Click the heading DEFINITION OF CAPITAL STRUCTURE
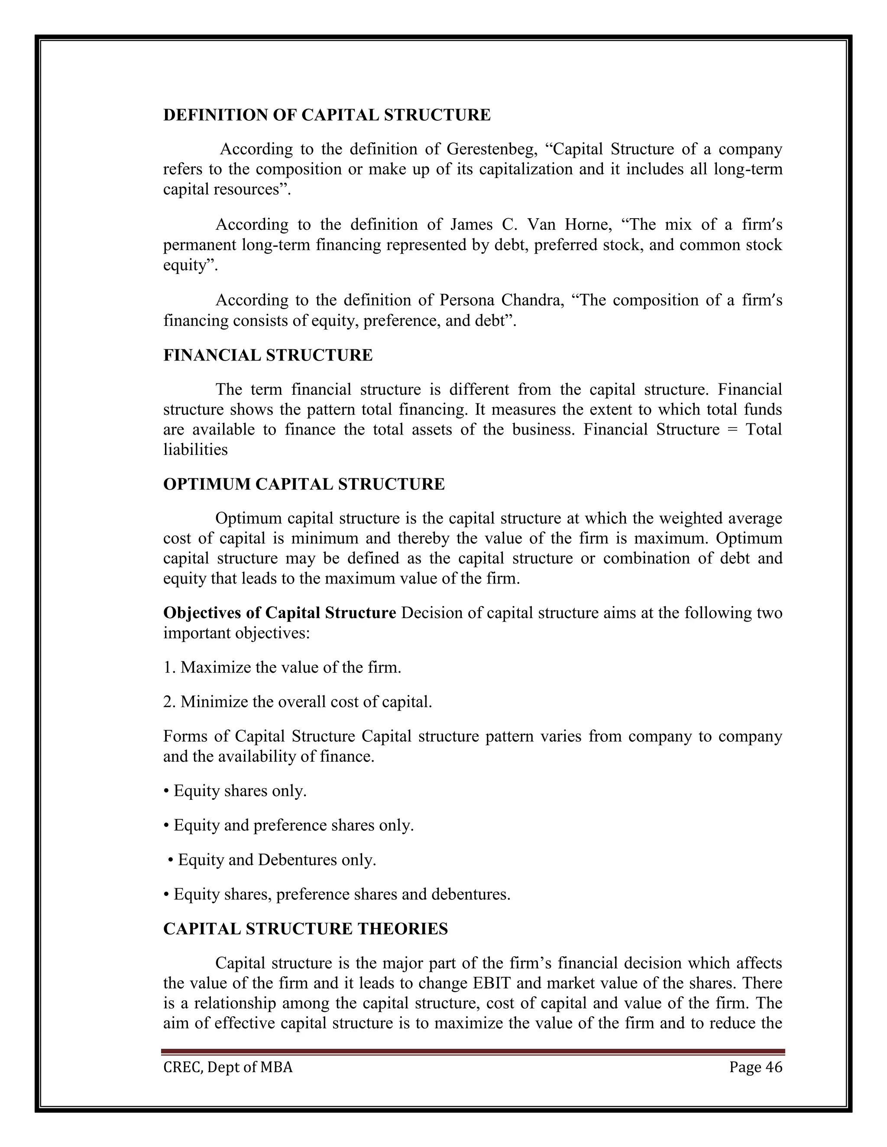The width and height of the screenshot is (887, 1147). tap(327, 115)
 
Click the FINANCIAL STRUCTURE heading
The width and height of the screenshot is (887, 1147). tap(268, 355)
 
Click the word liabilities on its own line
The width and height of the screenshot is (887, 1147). tap(195, 450)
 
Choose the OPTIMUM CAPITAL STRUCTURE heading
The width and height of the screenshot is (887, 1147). tap(304, 484)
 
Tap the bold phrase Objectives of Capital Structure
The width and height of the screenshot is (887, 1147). tap(279, 613)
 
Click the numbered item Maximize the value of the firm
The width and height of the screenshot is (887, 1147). tap(282, 667)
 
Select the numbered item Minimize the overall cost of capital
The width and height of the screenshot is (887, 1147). tap(298, 702)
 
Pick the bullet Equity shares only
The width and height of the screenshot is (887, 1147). tap(235, 791)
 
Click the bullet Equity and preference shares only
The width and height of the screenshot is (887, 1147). tap(288, 825)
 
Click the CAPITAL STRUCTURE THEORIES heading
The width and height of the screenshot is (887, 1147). tap(305, 929)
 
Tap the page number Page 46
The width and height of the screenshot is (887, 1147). tap(755, 1068)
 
